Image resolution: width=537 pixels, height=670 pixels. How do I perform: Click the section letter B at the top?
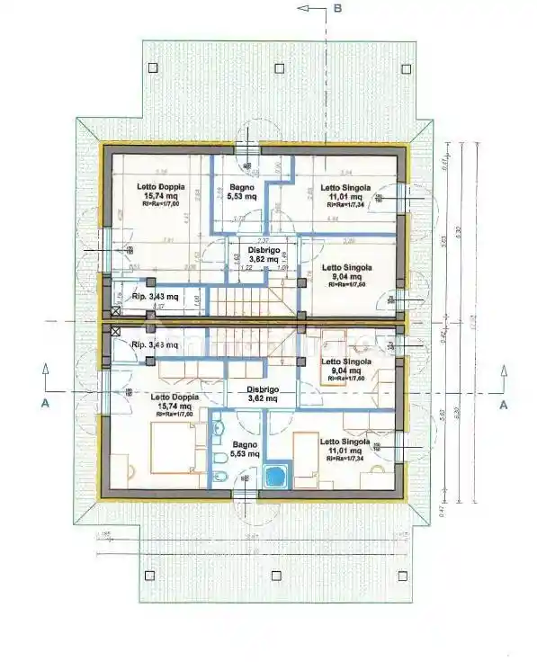click(x=338, y=9)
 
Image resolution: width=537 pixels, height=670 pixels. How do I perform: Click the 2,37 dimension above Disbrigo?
click(x=263, y=241)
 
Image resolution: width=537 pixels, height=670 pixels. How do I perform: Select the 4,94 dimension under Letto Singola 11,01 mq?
click(x=332, y=218)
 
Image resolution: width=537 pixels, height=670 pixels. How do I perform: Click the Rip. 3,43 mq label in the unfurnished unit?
click(x=155, y=296)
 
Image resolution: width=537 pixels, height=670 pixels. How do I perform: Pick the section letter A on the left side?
click(x=43, y=405)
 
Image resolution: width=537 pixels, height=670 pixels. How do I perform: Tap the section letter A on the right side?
click(x=504, y=405)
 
